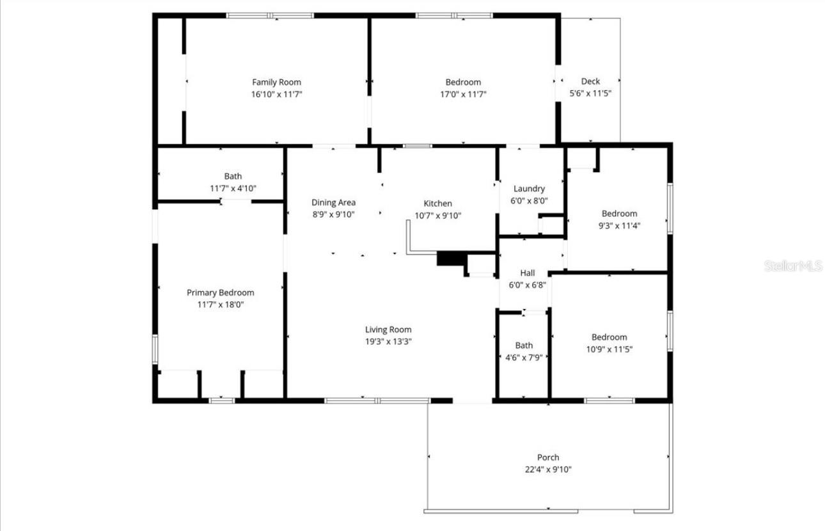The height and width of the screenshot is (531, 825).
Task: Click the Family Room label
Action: (276, 82)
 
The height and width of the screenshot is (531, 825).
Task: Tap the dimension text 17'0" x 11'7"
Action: (463, 94)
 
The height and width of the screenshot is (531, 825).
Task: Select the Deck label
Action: (590, 81)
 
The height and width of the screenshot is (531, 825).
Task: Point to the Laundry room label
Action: (530, 189)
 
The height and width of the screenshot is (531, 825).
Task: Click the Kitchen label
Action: (438, 203)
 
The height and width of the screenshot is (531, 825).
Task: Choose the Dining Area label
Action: (333, 203)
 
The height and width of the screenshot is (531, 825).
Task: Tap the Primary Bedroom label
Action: (220, 292)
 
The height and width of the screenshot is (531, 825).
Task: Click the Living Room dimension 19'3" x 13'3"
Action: (388, 342)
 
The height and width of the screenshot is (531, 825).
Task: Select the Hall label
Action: (528, 273)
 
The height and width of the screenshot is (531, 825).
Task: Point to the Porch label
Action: (548, 457)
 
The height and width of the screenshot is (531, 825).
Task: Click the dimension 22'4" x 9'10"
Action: (548, 470)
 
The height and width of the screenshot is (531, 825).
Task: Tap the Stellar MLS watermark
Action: (792, 265)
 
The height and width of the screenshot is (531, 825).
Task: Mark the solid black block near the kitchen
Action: (451, 258)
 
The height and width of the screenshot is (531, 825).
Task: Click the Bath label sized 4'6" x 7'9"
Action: (524, 345)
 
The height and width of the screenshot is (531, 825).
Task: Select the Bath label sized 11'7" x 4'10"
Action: (233, 176)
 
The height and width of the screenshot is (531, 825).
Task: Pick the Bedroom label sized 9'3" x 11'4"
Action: (619, 214)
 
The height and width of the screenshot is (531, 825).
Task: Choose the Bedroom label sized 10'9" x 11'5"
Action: (609, 337)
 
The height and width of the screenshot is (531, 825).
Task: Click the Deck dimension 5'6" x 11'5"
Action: (590, 93)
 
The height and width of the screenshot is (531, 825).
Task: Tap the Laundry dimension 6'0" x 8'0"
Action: (530, 201)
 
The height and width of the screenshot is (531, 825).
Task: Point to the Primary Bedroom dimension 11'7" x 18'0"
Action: (220, 305)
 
